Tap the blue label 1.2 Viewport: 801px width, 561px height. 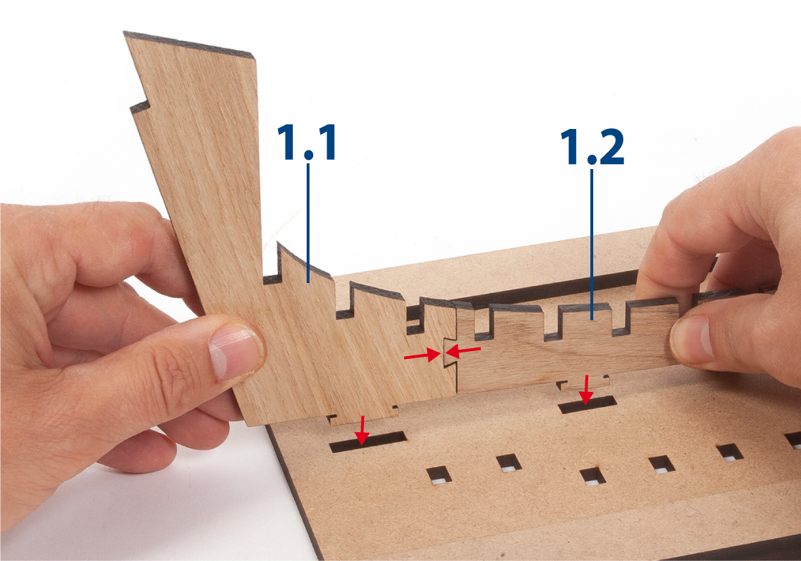(x=592, y=147)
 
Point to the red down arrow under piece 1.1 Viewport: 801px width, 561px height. (x=363, y=430)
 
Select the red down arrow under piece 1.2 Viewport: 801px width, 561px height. (x=586, y=389)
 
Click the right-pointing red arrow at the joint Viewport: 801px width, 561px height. (x=422, y=355)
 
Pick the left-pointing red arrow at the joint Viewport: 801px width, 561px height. (x=463, y=351)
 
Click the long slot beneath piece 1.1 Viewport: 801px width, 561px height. (x=368, y=442)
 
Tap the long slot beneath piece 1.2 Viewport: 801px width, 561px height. (x=587, y=405)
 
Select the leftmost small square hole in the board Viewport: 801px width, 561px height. (x=439, y=474)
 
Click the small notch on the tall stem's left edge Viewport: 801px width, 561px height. (x=140, y=107)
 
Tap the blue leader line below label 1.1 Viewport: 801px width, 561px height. (x=308, y=223)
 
